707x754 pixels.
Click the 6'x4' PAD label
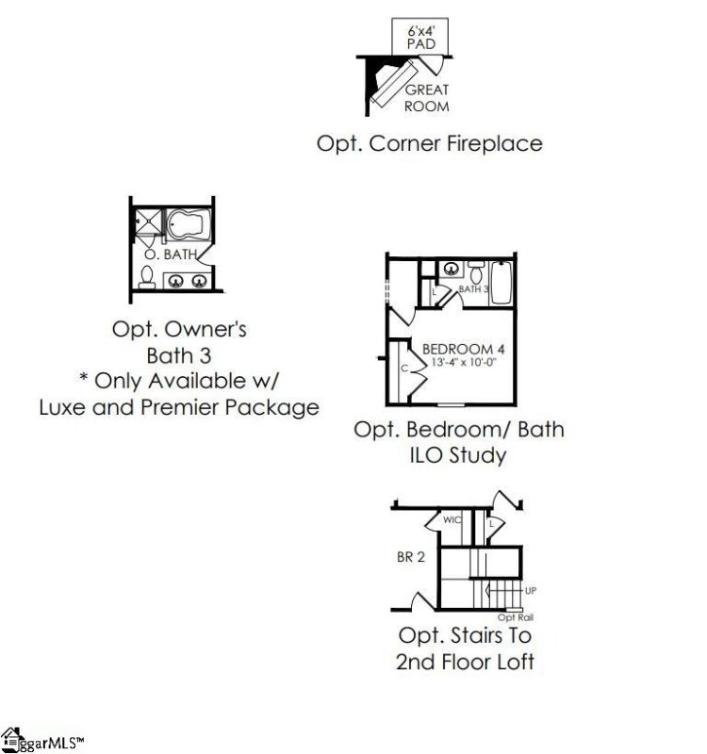point(419,38)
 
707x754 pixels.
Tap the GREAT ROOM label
point(426,98)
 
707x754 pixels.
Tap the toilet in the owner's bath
point(147,276)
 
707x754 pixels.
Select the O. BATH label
point(163,254)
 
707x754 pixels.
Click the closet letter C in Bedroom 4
point(404,369)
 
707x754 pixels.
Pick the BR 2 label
point(410,557)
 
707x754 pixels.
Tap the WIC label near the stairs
point(452,519)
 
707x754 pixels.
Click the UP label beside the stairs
point(530,591)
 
